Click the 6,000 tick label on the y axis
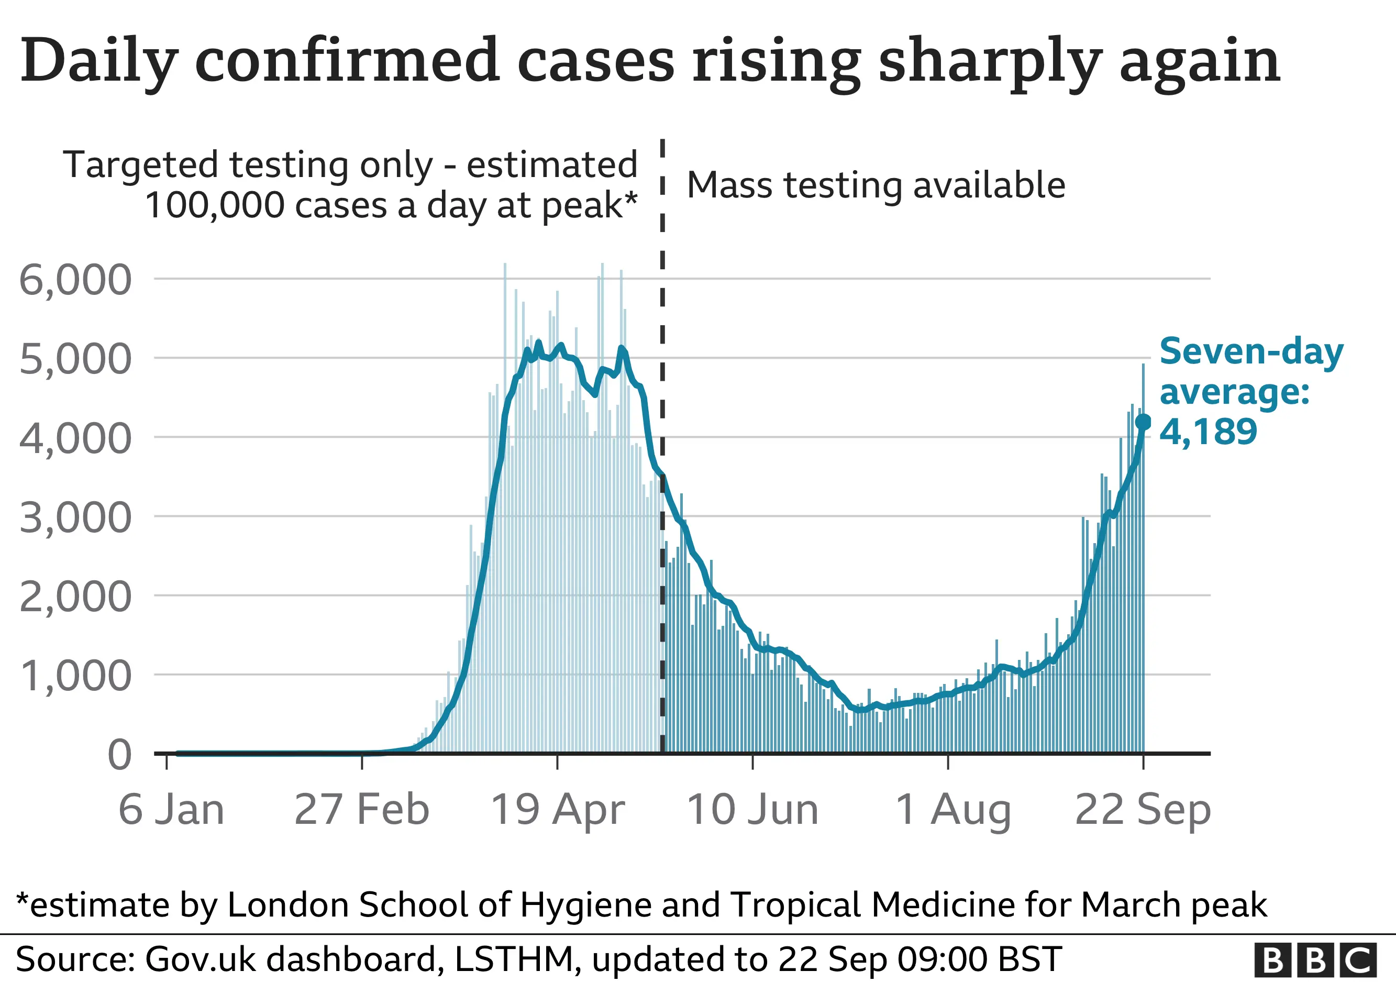[75, 280]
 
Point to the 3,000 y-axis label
[75, 517]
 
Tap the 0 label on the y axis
[119, 755]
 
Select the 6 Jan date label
[171, 809]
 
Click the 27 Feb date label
[362, 809]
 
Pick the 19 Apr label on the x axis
[558, 809]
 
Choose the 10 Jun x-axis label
[753, 809]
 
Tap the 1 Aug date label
[954, 809]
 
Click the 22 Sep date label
[1143, 809]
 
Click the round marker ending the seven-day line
[1143, 422]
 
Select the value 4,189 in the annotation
[1208, 432]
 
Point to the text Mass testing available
[876, 185]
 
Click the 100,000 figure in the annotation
[215, 205]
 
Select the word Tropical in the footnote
[797, 905]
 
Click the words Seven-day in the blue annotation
[1251, 351]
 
